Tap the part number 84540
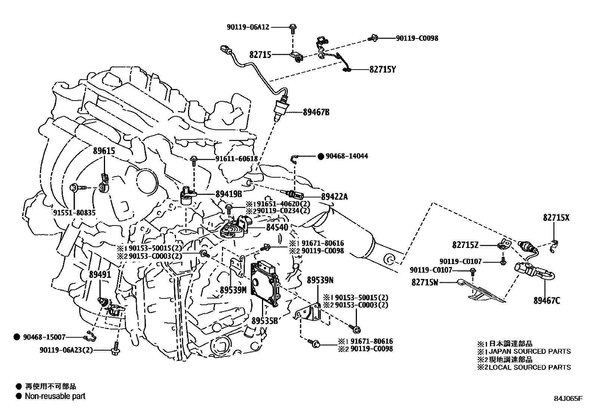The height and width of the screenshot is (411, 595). click(x=277, y=227)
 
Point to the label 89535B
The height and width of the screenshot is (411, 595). click(x=264, y=320)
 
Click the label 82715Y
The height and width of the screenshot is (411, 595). click(x=382, y=69)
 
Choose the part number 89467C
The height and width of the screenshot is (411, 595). click(x=546, y=300)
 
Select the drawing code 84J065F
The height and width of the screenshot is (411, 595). click(x=568, y=398)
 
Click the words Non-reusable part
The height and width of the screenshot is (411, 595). click(x=55, y=396)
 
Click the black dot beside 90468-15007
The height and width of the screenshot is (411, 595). click(x=17, y=337)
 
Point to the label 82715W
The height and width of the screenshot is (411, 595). click(x=425, y=282)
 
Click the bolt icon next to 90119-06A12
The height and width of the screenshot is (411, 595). click(x=293, y=27)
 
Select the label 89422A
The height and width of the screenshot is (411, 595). click(x=334, y=196)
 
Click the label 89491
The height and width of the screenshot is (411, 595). click(x=100, y=274)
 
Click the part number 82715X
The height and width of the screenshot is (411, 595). click(x=556, y=218)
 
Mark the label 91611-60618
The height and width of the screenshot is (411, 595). click(x=236, y=159)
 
